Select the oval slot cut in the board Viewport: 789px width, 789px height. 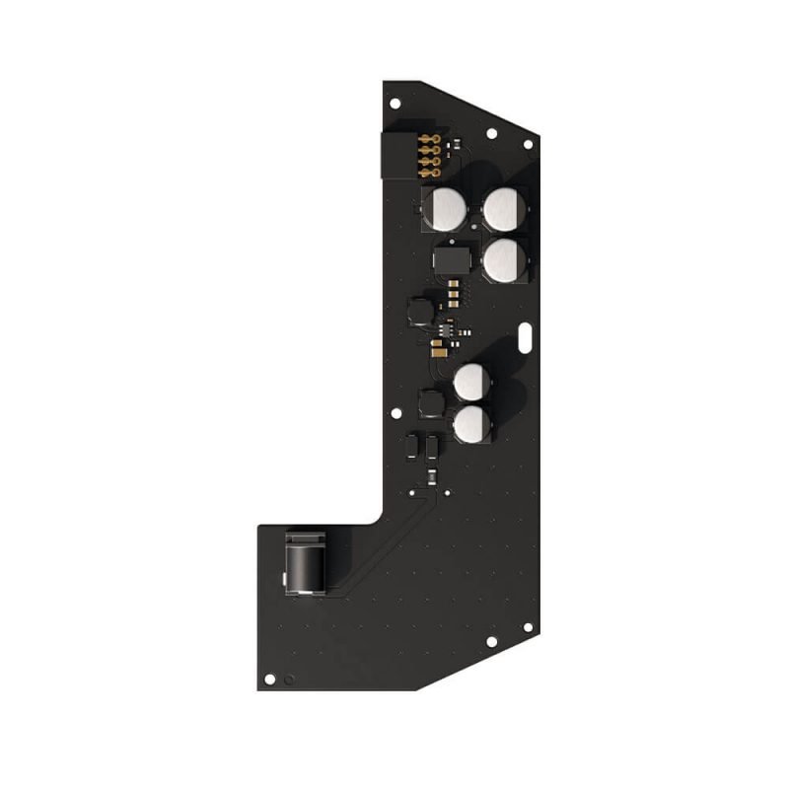point(528,335)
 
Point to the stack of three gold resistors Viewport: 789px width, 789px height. point(453,290)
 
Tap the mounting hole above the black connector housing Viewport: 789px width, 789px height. point(394,102)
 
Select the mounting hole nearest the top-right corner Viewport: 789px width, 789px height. point(528,145)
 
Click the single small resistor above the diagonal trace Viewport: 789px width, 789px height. point(431,476)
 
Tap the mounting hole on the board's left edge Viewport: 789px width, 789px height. point(395,416)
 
